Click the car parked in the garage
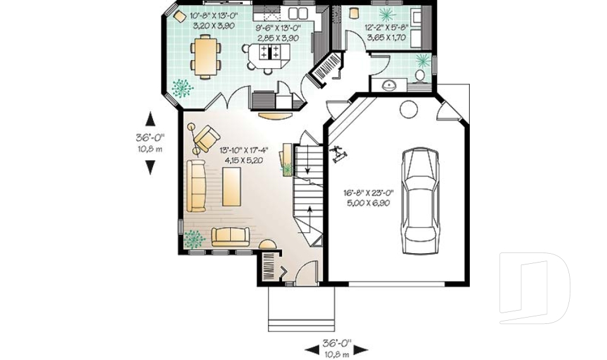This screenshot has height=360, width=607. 420,201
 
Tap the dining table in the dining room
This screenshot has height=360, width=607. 205,56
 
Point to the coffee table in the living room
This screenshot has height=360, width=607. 231,187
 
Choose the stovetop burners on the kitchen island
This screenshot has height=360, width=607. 269,52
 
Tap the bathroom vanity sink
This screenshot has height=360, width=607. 388,85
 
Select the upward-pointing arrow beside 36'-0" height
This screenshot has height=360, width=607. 150,118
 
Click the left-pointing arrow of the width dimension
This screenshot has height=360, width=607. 312,349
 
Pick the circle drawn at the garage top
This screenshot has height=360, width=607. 408,109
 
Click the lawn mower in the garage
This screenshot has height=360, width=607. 338,154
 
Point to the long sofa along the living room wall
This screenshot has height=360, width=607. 197,186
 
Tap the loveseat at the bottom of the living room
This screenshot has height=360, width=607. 230,237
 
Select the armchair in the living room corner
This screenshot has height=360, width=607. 207,138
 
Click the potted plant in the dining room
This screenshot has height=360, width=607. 182,89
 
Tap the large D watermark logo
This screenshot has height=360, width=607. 534,287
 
